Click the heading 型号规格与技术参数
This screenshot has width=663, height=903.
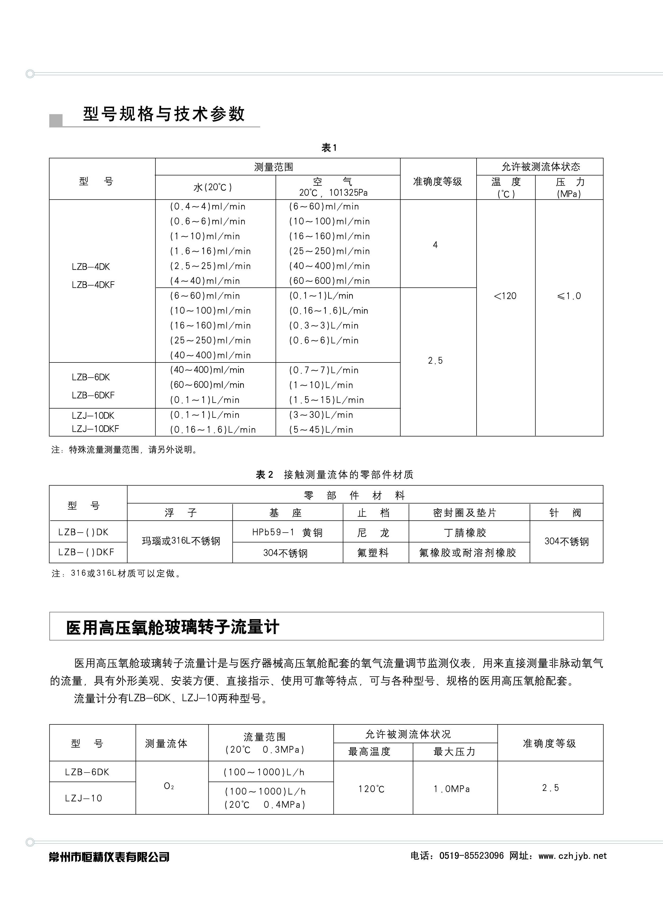coord(164,115)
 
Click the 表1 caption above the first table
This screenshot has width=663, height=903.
coord(329,148)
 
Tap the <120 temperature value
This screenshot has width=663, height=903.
coord(505,296)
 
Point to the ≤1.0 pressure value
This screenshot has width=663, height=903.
coord(569,296)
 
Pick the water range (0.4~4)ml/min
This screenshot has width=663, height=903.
coord(208,206)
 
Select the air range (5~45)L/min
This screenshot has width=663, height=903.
coord(321,430)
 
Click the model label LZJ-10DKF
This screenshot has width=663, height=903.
coord(95,429)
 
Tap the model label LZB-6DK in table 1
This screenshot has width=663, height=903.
coord(91,377)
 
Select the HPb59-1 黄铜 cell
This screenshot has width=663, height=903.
coord(287,532)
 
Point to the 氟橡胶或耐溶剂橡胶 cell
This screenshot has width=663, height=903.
coord(468,553)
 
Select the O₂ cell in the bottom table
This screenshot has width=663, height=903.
coord(169,786)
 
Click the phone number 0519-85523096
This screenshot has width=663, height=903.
coord(471,856)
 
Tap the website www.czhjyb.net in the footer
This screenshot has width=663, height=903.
coord(573,856)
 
